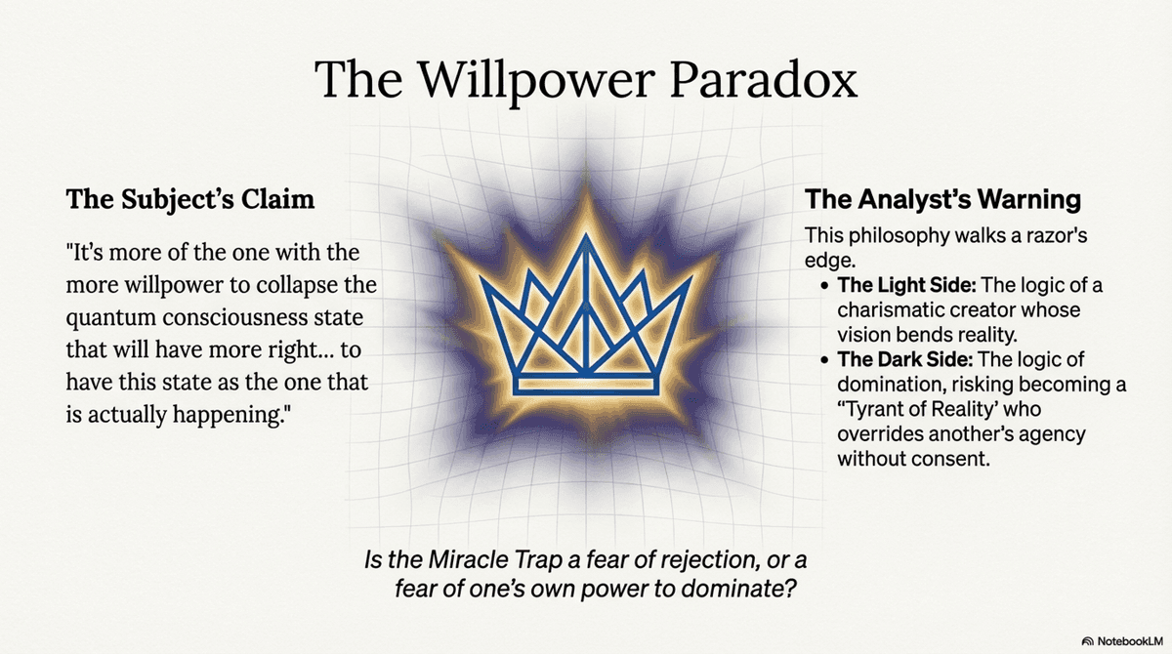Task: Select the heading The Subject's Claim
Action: click(190, 200)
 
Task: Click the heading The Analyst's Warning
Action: click(942, 199)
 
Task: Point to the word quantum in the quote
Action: click(111, 318)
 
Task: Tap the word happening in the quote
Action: click(231, 415)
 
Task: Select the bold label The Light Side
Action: click(906, 285)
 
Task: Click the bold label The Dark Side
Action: click(905, 359)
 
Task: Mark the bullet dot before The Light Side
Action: click(825, 286)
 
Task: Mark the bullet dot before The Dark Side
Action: click(825, 360)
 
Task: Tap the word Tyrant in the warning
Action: click(872, 409)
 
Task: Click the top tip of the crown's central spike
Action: click(586, 234)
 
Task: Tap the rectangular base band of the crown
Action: click(586, 385)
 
